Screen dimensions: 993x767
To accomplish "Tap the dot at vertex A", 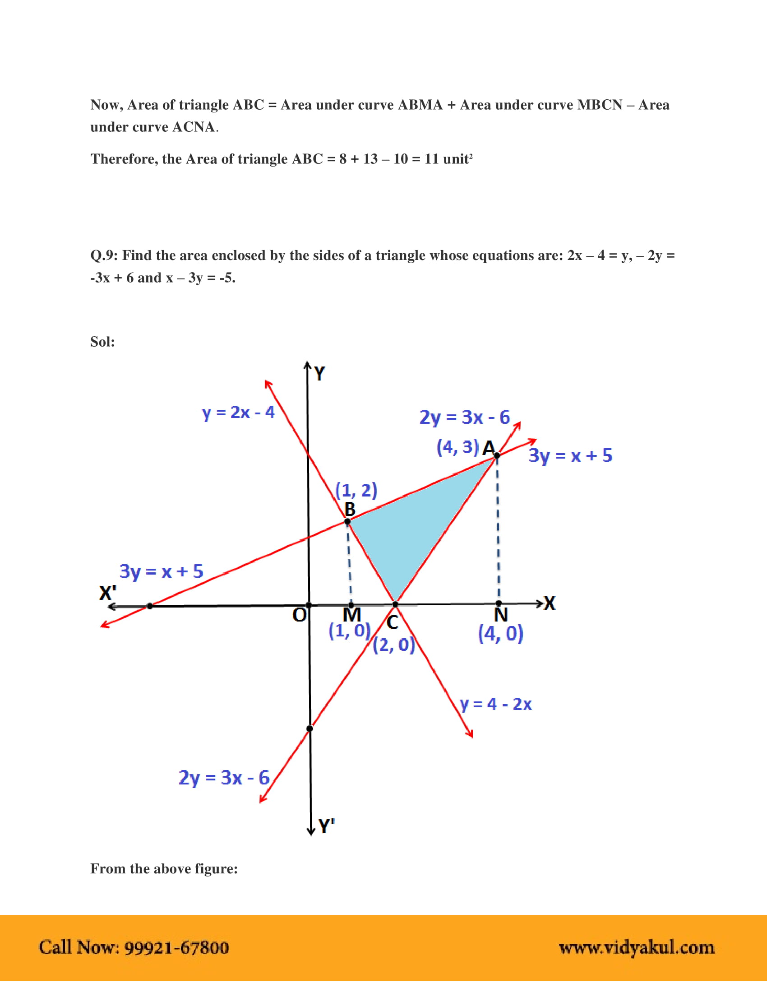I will pyautogui.click(x=497, y=455).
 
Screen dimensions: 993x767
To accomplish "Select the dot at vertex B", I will pyautogui.click(x=347, y=521).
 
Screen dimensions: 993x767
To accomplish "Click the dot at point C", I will pyautogui.click(x=395, y=604).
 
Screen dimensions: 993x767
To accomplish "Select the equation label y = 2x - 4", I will pyautogui.click(x=238, y=413).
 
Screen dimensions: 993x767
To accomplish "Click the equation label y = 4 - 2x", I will pyautogui.click(x=495, y=704).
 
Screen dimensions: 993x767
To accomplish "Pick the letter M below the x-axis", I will pyautogui.click(x=352, y=616).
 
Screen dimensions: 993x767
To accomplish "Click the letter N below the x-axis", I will pyautogui.click(x=501, y=616).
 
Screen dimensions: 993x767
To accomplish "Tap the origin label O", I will pyautogui.click(x=300, y=616).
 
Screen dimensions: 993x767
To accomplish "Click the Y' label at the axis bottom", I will pyautogui.click(x=326, y=826).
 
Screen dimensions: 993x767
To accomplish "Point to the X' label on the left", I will pyautogui.click(x=108, y=594).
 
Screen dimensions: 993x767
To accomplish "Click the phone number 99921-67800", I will pyautogui.click(x=176, y=947).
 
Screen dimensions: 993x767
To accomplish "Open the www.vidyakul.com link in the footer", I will pyautogui.click(x=636, y=947).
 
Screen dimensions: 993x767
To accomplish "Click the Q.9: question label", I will pyautogui.click(x=104, y=255).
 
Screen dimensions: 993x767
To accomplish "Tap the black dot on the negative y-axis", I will pyautogui.click(x=310, y=729).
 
